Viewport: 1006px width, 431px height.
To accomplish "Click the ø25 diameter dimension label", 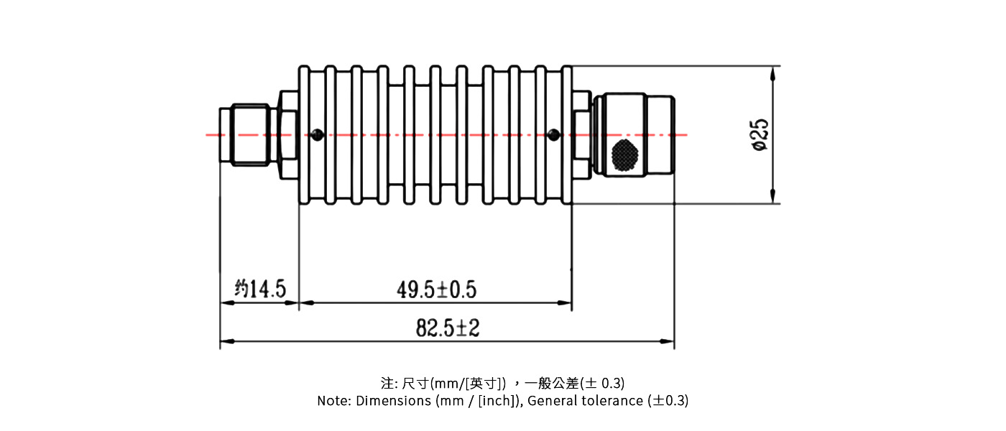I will (760, 134).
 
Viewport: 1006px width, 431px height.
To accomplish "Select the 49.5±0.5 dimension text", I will (436, 289).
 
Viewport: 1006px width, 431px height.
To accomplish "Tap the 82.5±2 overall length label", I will (447, 328).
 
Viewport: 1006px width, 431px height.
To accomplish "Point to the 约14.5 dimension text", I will (260, 289).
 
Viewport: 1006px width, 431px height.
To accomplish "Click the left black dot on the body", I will (317, 134).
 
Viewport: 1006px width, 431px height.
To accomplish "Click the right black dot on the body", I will (553, 134).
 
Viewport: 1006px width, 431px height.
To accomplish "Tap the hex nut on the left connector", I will (287, 134).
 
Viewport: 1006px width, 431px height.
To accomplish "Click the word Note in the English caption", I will (333, 401).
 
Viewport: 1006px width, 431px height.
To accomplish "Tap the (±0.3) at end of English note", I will (668, 401).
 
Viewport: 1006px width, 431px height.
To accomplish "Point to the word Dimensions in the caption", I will (393, 401).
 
